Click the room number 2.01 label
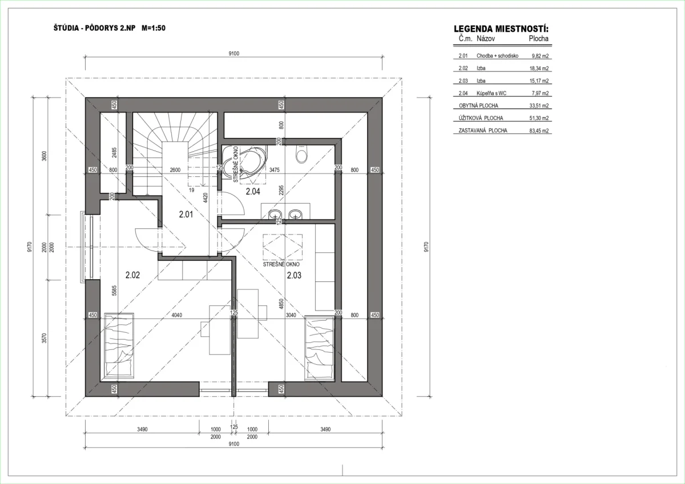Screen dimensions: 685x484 click(186, 215)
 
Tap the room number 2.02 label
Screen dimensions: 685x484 click(132, 275)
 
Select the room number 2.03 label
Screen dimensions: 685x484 click(294, 275)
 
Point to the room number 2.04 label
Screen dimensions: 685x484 click(253, 191)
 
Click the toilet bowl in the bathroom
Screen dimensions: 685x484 click(301, 154)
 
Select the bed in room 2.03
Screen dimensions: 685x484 click(319, 348)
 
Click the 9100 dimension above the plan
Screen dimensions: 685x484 click(234, 54)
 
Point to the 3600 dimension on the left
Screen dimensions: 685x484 click(45, 156)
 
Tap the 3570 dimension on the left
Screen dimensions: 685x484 click(45, 338)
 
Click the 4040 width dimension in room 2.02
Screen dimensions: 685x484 click(177, 315)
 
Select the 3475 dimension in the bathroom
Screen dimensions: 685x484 click(275, 170)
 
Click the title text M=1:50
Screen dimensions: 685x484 click(154, 28)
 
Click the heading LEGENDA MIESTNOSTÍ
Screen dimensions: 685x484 click(501, 29)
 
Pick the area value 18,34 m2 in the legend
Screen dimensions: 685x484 click(539, 68)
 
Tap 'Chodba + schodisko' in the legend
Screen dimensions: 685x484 click(497, 56)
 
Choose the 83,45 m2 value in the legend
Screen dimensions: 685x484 click(539, 131)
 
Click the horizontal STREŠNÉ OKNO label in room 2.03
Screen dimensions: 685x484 click(281, 264)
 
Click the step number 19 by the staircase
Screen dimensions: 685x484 click(191, 190)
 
